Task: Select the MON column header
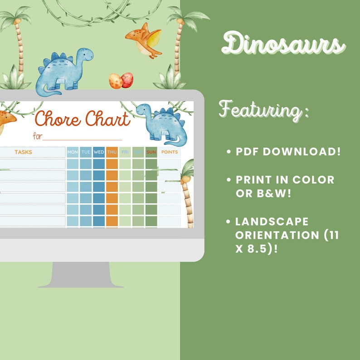[x=73, y=152]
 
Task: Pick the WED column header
[x=99, y=152]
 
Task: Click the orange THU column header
[x=112, y=152]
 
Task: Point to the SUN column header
[x=151, y=152]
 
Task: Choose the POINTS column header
[x=170, y=152]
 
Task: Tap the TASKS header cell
[x=23, y=152]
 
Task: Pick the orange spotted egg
[x=115, y=81]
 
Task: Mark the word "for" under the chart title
[x=37, y=136]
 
